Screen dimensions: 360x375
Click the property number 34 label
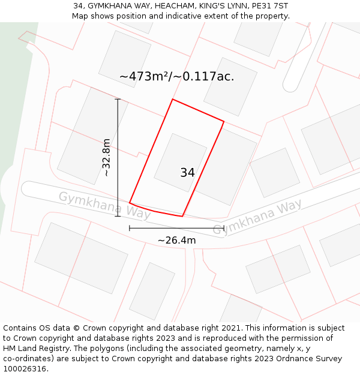point(187,173)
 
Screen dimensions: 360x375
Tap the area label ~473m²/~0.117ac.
point(176,77)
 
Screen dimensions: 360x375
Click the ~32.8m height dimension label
point(106,157)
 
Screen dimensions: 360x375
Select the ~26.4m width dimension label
point(176,241)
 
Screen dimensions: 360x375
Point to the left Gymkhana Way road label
point(104,205)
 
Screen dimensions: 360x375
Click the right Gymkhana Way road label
point(257,218)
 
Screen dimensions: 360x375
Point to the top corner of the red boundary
point(173,100)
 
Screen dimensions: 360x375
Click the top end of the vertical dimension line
point(118,99)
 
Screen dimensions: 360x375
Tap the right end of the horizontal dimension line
point(224,228)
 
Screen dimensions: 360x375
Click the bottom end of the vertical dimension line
point(118,216)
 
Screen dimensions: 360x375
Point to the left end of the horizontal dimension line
point(130,228)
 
